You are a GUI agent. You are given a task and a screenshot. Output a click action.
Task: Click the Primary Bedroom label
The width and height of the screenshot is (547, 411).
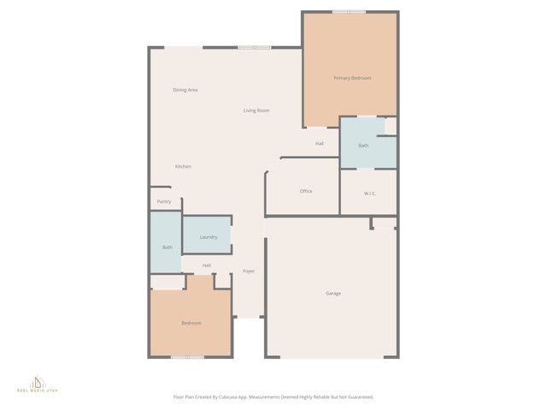[x=352, y=78]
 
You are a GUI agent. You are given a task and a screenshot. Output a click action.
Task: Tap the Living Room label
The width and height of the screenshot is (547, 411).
[x=256, y=110]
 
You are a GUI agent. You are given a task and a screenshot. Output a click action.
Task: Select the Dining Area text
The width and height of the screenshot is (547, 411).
[x=185, y=90]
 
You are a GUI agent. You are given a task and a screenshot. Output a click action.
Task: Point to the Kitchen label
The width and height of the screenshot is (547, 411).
[x=183, y=166]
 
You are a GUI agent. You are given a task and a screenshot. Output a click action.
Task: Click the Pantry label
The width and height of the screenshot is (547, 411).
[x=164, y=201]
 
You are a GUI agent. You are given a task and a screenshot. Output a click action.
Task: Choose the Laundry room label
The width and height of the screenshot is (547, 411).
[x=209, y=237]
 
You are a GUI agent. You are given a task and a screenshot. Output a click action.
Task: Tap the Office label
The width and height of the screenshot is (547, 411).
[x=306, y=191]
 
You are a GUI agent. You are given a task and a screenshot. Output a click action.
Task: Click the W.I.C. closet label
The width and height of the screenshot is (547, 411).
[x=370, y=194]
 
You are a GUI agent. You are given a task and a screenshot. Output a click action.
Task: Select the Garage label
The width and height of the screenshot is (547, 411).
[x=333, y=294]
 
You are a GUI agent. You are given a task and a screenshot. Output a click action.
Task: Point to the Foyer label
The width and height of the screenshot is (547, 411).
[x=249, y=271]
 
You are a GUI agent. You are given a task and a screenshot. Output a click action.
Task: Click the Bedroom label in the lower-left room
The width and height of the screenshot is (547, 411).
[x=191, y=323]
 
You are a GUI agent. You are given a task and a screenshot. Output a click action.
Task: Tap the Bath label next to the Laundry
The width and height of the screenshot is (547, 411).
[x=168, y=247]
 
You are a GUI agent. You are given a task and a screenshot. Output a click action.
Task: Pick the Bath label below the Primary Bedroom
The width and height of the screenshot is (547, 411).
[x=363, y=146]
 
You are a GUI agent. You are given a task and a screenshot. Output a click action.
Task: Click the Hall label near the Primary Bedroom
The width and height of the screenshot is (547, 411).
[x=319, y=143]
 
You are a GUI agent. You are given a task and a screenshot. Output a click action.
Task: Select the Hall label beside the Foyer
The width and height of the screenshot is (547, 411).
[x=207, y=265]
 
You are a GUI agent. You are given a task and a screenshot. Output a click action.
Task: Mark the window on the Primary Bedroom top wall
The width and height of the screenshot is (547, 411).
[x=350, y=12]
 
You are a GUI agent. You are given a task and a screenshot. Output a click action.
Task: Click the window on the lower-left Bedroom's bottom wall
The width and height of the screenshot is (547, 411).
[x=187, y=356]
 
